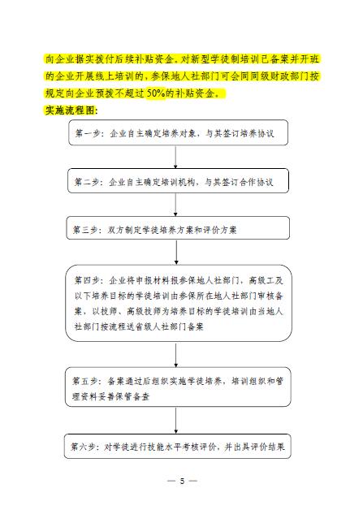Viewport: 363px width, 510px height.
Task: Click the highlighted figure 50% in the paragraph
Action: point(156,93)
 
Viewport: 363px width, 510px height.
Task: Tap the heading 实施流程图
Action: point(70,110)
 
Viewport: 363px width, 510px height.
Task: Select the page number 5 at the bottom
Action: point(182,481)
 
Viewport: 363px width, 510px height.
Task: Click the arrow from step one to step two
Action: point(175,157)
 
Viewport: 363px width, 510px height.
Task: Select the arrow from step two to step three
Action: point(175,205)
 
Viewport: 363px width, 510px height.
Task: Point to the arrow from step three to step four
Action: point(176,252)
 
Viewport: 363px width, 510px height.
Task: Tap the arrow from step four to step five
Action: point(176,355)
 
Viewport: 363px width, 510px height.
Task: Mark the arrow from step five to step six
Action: point(176,420)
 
